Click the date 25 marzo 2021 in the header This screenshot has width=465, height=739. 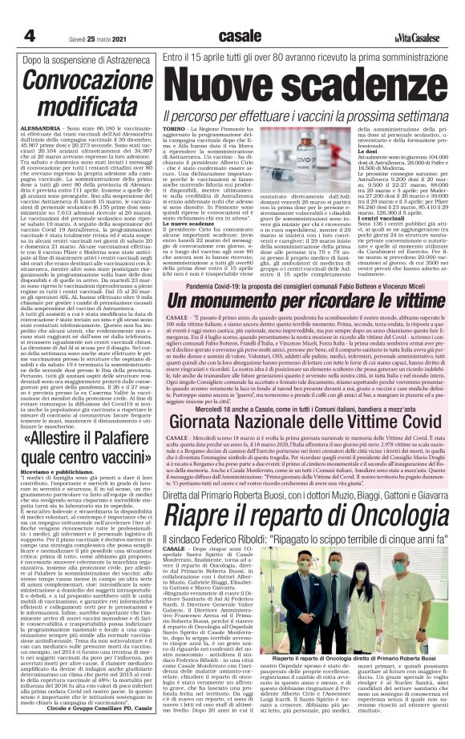click(84, 37)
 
